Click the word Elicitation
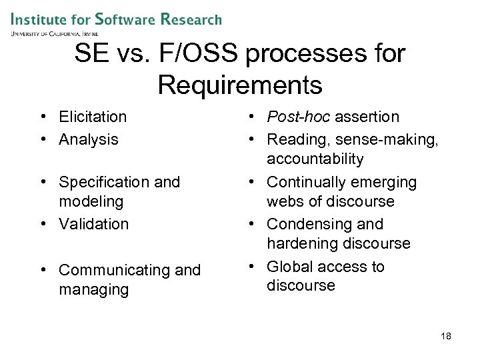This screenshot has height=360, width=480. [x=93, y=117]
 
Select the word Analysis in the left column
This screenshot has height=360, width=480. [x=89, y=140]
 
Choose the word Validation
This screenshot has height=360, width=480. [x=93, y=225]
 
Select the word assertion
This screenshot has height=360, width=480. [x=367, y=117]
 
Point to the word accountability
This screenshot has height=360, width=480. [x=315, y=159]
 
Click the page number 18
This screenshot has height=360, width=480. [x=445, y=337]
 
